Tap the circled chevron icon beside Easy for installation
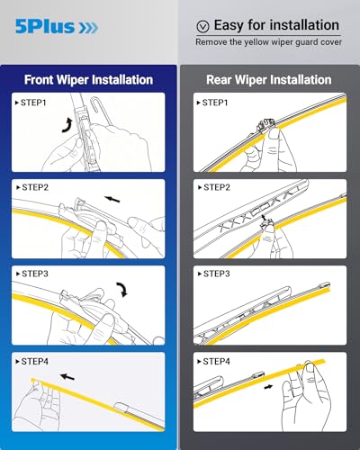click(x=202, y=26)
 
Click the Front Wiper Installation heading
click(x=89, y=79)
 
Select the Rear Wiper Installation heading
click(x=269, y=79)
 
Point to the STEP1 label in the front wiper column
click(x=33, y=103)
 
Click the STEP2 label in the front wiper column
click(x=33, y=189)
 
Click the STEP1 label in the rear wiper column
click(x=213, y=103)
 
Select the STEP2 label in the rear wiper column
click(x=213, y=189)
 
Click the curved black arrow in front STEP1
click(x=66, y=125)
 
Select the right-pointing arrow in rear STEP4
click(x=270, y=388)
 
